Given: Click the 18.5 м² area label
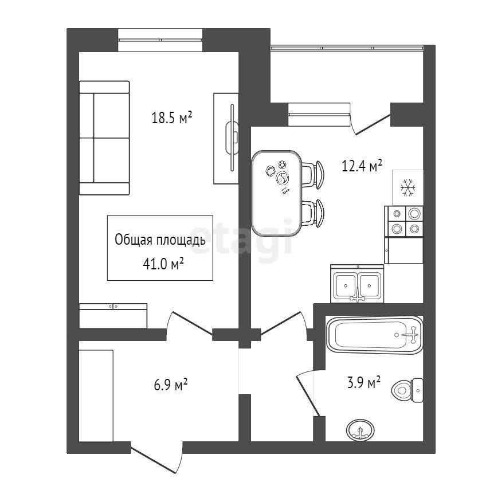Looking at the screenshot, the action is tap(172, 117).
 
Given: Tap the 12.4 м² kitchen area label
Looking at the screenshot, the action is tap(362, 166).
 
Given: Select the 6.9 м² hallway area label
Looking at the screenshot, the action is tap(171, 384).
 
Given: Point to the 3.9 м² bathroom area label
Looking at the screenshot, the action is tap(364, 382).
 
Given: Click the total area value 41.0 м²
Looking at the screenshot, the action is tap(163, 264).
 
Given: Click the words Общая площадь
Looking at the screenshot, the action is tap(160, 240).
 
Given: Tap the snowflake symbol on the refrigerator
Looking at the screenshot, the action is tap(408, 187).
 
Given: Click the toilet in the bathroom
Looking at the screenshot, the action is tap(407, 390).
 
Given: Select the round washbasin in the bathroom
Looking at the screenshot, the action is tap(361, 430).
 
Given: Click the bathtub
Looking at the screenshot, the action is tap(375, 335).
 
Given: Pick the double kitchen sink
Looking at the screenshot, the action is tap(357, 283).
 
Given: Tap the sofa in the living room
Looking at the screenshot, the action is tap(104, 138).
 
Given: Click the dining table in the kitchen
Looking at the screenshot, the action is tap(276, 193).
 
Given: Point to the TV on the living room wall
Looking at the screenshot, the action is tap(232, 137).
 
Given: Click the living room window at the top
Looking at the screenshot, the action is tap(160, 40).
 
